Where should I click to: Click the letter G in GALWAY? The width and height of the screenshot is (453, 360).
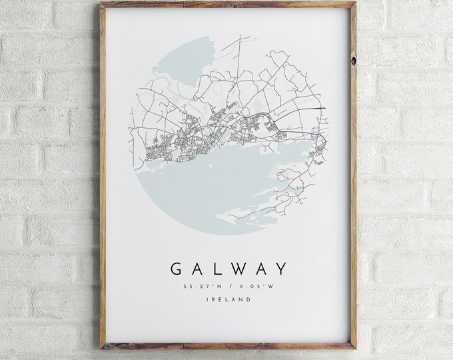point(177,269)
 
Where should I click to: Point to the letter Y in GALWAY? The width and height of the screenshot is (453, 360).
point(282,269)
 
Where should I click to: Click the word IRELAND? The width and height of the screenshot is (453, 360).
point(228,300)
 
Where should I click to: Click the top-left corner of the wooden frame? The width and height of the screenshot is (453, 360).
point(102,5)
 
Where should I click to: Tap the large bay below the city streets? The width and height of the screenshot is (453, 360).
point(213,180)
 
